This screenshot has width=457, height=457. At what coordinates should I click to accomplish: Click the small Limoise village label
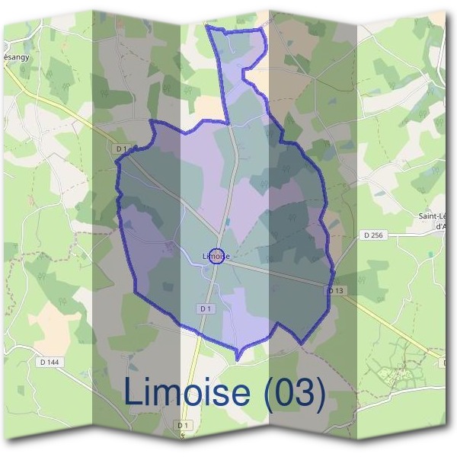pos(216,257)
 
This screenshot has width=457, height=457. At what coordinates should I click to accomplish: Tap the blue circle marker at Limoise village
pos(216,256)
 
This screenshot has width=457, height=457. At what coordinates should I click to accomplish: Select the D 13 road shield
pos(337,291)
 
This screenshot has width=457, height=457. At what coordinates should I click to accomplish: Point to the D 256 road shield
pos(373,235)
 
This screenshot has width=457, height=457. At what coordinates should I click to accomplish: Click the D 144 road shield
pos(48,362)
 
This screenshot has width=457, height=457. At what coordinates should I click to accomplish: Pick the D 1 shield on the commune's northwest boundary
pos(123,148)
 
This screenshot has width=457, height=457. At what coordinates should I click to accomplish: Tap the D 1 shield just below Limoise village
pos(204,308)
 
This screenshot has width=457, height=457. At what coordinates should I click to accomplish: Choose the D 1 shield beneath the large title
pos(182,424)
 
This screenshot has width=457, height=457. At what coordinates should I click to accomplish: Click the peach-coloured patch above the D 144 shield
pos(53,316)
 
